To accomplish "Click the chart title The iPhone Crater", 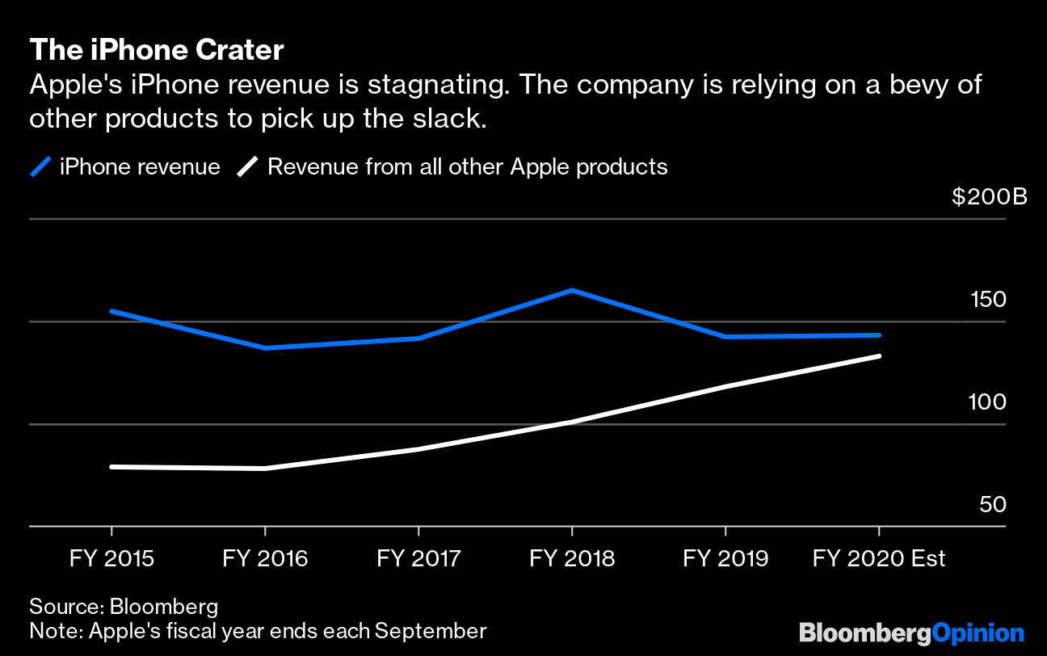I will click(x=157, y=51).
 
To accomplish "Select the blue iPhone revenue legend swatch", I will click(x=40, y=167).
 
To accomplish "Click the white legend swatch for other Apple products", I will click(x=248, y=167).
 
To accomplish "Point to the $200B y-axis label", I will click(x=989, y=196).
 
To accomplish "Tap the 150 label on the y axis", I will click(x=987, y=300).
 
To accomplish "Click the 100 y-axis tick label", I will click(x=987, y=402).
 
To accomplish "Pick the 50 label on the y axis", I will click(x=993, y=505).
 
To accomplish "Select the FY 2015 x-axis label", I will click(x=111, y=559).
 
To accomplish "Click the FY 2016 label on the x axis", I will click(x=265, y=559).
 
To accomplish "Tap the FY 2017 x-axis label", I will click(x=418, y=559).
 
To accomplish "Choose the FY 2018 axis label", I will click(x=572, y=559).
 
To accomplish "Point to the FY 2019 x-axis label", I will click(x=725, y=559).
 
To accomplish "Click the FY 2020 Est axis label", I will click(x=879, y=559).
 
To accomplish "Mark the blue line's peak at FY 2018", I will click(x=572, y=290).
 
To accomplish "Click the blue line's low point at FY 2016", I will click(x=265, y=348).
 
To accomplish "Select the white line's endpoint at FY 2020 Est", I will click(x=879, y=356).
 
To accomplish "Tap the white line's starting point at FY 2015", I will click(x=111, y=467).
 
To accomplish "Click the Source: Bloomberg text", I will click(x=124, y=607).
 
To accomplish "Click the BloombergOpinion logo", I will click(x=911, y=633).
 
